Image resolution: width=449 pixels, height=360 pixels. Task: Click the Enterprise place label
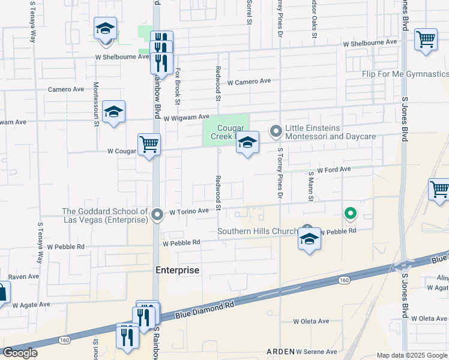point(177,270)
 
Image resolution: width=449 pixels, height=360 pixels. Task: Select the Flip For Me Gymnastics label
point(405,74)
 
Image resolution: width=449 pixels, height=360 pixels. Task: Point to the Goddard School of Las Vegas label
point(105,215)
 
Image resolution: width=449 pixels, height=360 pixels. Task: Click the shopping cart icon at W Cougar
point(149,144)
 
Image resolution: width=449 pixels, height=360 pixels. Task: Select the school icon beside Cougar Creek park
point(247,143)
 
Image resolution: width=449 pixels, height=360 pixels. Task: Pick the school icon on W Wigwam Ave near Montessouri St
point(113,112)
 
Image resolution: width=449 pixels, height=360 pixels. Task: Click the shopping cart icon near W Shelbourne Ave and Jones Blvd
point(426,40)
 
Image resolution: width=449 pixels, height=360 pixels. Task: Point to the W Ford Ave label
point(334,170)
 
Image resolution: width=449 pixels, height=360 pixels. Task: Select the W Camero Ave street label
point(249,82)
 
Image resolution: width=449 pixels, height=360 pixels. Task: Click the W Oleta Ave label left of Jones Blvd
point(311,321)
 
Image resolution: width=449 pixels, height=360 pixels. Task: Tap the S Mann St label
point(311,186)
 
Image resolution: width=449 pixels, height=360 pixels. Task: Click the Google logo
point(20,353)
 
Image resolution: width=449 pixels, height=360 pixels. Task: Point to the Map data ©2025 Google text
point(412,355)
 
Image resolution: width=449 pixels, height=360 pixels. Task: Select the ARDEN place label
point(281,351)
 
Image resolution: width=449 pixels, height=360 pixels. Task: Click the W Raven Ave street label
point(21,277)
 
